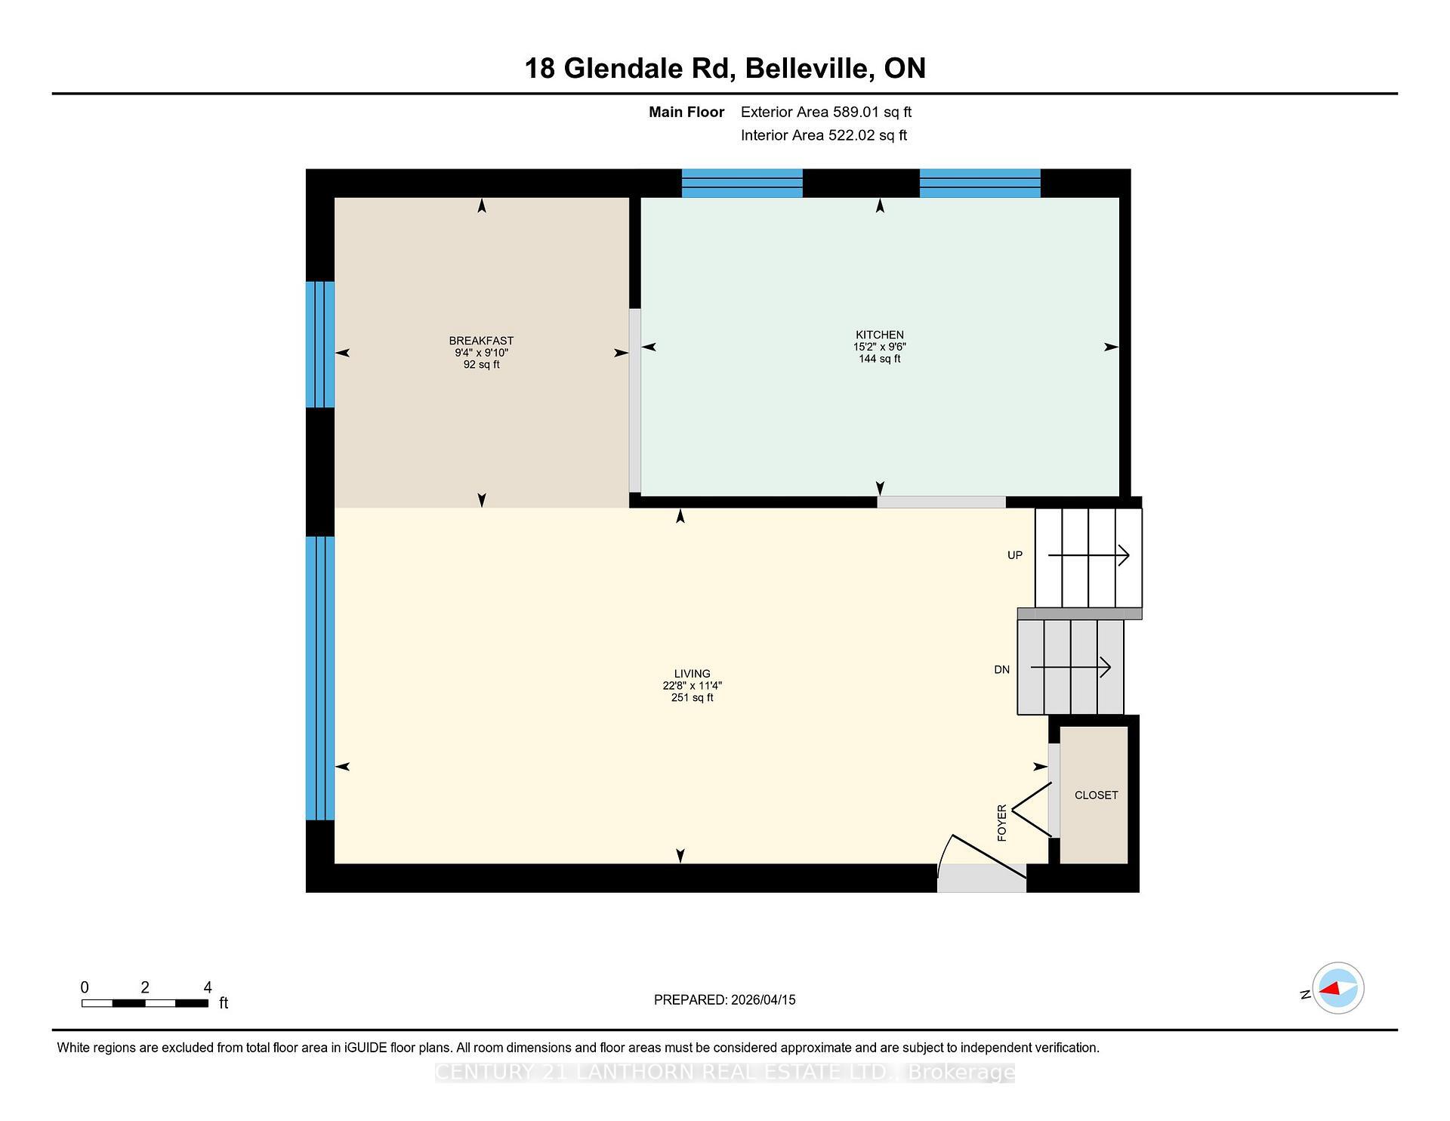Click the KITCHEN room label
tap(879, 335)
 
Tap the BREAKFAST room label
tap(481, 341)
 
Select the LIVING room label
tap(692, 674)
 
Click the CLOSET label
tap(1096, 795)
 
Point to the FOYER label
tap(1002, 823)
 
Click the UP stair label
tap(1014, 555)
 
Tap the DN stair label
tap(1001, 669)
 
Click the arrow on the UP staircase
tap(1088, 556)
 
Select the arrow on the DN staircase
tap(1070, 668)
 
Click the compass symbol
tap(1337, 988)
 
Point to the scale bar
tap(145, 1003)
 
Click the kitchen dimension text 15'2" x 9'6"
tap(879, 347)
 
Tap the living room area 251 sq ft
tap(692, 698)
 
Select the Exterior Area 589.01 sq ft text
tap(825, 112)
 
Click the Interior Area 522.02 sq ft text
tap(823, 135)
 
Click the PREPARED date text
tap(724, 999)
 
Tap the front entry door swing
tap(980, 861)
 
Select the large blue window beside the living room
tap(319, 678)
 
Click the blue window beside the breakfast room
tap(319, 344)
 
